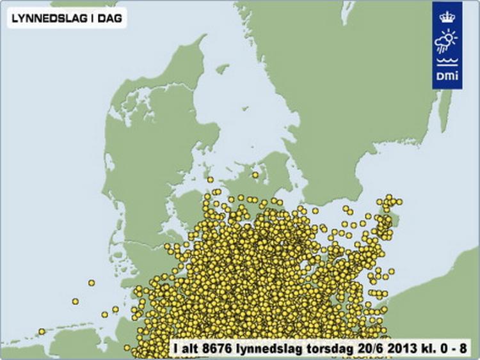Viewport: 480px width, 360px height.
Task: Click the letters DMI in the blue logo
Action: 447,77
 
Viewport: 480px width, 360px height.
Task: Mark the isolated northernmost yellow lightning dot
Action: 255,175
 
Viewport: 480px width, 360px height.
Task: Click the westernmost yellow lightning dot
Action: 42,331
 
